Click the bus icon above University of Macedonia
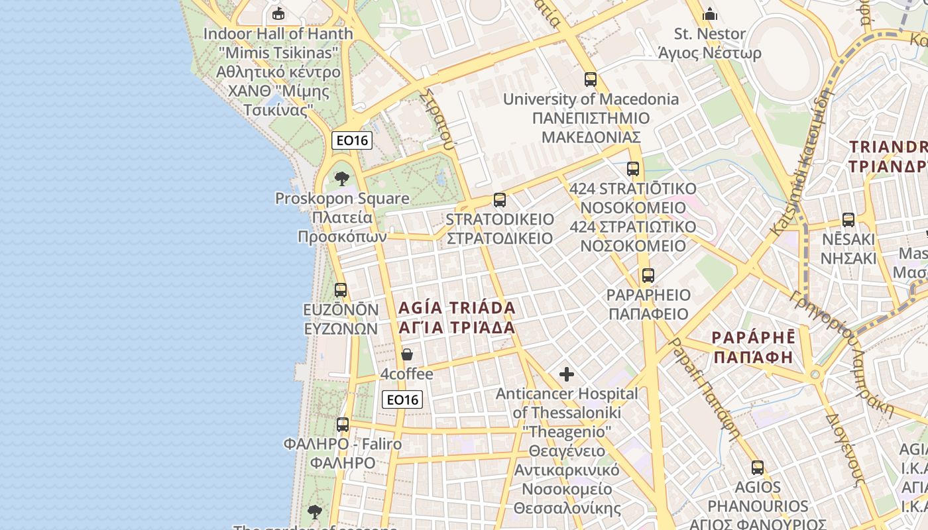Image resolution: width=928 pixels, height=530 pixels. coord(590,79)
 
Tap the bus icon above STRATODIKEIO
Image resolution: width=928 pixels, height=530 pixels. coord(500,199)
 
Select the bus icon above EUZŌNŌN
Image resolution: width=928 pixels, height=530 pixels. coord(341,290)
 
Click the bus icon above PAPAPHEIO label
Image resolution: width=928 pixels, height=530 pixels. coord(648,275)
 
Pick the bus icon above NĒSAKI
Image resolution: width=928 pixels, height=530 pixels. coord(848,219)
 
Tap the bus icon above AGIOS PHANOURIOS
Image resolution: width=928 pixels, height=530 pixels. coord(758,467)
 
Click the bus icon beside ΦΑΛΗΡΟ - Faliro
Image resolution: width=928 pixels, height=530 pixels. coord(343,424)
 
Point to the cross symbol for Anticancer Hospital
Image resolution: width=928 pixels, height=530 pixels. coord(567,374)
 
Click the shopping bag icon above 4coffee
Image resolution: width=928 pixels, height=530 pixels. coord(407,354)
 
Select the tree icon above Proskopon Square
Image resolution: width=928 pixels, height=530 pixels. coord(342,178)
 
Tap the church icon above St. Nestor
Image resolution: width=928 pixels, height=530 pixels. coord(710,13)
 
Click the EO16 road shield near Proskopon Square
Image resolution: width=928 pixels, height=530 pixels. coord(352,140)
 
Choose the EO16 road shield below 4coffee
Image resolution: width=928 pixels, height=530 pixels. coord(402,399)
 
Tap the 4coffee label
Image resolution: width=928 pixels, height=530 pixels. coord(407,374)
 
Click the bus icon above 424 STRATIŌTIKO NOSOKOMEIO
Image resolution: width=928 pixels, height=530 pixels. coord(633,168)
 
